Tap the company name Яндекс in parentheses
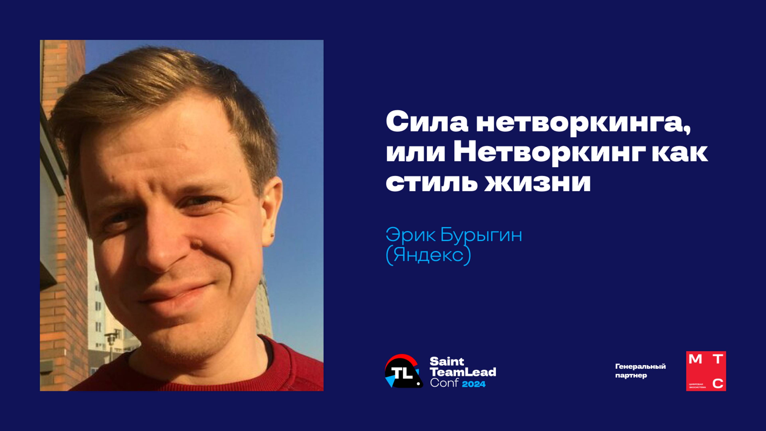428,255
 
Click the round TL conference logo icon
404,371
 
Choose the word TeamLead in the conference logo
463,372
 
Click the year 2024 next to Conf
474,384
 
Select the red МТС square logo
706,371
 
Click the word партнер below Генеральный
631,376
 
